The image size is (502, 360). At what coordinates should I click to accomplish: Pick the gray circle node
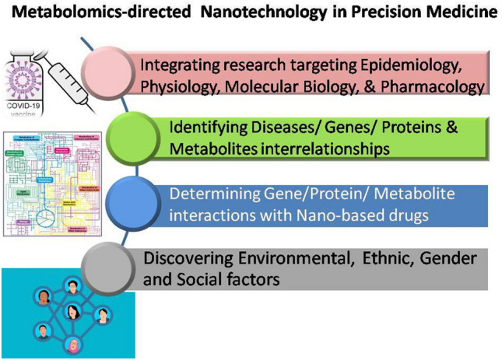click(111, 265)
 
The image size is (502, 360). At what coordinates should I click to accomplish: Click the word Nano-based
click(343, 215)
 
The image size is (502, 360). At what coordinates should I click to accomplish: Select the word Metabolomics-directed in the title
click(97, 13)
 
